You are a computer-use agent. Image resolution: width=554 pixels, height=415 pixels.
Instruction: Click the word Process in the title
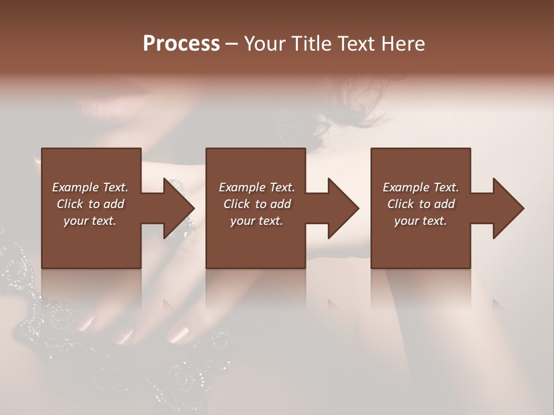point(181,44)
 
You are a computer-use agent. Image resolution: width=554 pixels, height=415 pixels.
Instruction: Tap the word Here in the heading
point(403,44)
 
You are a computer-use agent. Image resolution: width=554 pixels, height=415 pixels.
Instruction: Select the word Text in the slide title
point(356,44)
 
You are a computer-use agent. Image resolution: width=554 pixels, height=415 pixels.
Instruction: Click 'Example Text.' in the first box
point(91,187)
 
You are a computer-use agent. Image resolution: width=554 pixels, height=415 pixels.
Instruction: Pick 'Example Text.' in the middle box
point(257,187)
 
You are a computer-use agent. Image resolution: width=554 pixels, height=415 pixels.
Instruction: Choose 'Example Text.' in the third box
point(421,187)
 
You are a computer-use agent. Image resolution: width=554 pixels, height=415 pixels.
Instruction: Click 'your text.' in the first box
point(91,221)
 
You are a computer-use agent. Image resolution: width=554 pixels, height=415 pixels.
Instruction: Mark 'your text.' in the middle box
point(257,221)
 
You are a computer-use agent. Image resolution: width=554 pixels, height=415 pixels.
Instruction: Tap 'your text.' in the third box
point(421,221)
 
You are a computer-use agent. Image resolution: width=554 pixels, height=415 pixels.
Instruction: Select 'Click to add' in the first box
point(91,204)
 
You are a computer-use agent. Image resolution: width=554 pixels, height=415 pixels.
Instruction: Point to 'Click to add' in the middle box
point(257,204)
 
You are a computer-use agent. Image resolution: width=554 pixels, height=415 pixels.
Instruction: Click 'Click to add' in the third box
point(421,204)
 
